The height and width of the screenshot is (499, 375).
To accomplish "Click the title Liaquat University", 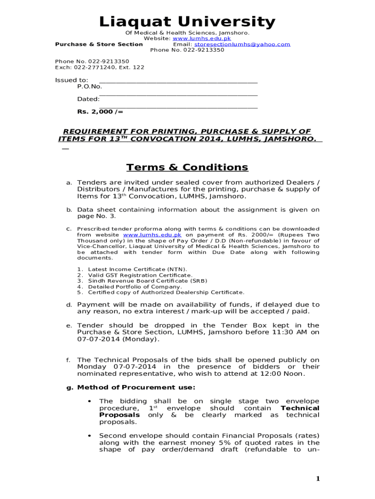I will (x=187, y=22).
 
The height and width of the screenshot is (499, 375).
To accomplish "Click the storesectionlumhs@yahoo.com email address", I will (x=242, y=44).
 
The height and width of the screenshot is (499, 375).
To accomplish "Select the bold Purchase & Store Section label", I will (x=99, y=44).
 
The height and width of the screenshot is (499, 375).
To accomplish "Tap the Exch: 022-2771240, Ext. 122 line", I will (x=99, y=68).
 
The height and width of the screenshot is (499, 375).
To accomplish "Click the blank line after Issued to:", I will (x=178, y=80).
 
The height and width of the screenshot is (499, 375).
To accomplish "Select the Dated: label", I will (x=88, y=99).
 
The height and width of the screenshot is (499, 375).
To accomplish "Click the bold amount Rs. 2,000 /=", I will (x=100, y=112).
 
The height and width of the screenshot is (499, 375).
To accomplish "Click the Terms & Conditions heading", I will (x=187, y=168).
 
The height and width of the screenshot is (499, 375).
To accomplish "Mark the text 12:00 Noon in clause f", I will (x=284, y=374).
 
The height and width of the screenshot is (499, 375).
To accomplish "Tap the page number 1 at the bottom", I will (x=318, y=479).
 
